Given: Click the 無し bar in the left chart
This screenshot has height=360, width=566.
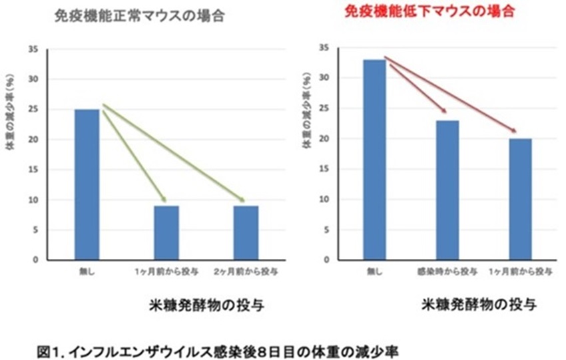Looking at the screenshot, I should tap(87, 185).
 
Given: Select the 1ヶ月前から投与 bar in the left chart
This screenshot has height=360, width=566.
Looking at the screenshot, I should tap(166, 233).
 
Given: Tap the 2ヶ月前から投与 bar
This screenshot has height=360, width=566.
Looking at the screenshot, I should tap(246, 233).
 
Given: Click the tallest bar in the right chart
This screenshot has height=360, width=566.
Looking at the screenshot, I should tap(374, 160).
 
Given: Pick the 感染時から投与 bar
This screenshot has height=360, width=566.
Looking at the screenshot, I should tap(447, 190).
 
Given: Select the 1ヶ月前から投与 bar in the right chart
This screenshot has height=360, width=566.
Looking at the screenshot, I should tap(521, 199).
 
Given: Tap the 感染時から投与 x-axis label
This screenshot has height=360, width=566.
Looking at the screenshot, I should tap(447, 271).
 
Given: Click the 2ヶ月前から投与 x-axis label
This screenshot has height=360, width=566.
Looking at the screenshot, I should tap(246, 272).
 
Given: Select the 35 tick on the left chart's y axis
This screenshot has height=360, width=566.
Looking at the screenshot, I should tap(33, 49).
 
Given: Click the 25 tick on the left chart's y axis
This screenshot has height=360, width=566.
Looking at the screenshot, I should tap(33, 110).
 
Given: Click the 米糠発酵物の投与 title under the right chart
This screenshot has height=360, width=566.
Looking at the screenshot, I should tap(479, 305).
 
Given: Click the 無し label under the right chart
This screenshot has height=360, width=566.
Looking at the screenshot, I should tap(374, 271).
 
